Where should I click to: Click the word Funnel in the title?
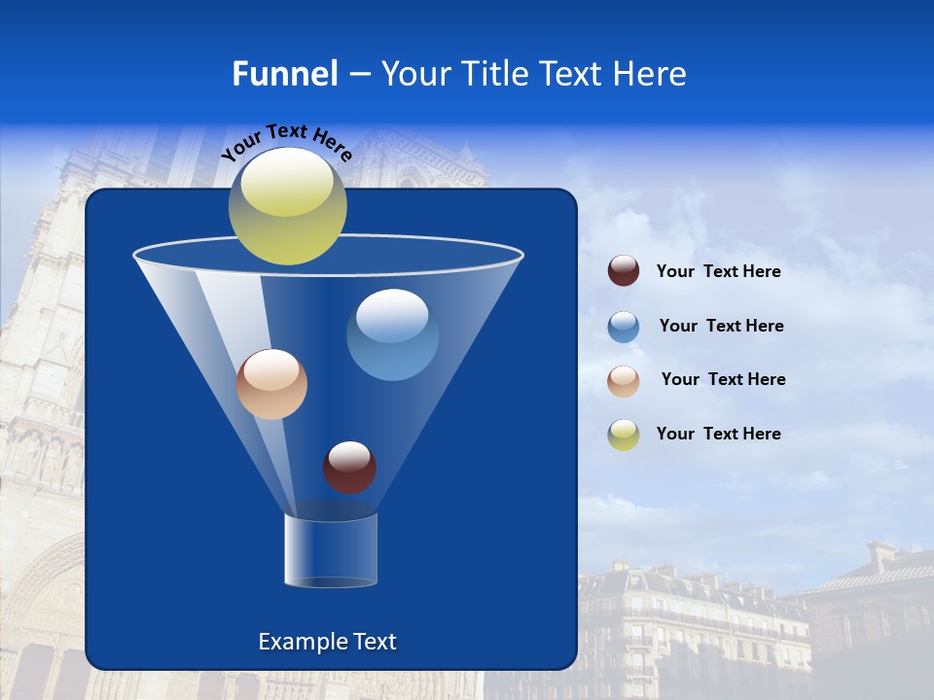tap(284, 74)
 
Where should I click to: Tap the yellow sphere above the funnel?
tap(287, 205)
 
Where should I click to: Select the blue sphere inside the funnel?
tap(392, 334)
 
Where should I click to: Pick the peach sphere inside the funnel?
tap(271, 384)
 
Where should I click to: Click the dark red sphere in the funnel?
tap(349, 467)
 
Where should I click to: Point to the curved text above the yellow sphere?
tap(286, 142)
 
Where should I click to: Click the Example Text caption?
tap(327, 642)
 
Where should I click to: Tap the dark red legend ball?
tap(624, 271)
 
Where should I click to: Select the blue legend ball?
tap(624, 327)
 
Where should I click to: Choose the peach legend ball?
tap(624, 380)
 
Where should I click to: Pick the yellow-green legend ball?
tap(624, 434)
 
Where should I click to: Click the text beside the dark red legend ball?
tap(718, 272)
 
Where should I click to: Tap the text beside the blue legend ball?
tap(721, 327)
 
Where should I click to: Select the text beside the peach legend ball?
tap(723, 380)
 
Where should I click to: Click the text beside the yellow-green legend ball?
tap(718, 434)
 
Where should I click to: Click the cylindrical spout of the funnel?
tap(331, 550)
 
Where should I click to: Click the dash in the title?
tap(358, 75)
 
